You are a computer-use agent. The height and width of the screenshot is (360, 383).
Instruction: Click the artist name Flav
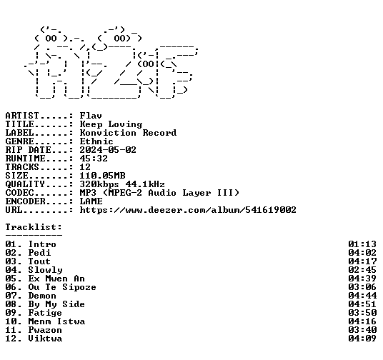click(x=91, y=116)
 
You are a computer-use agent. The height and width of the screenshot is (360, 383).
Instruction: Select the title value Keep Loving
click(x=111, y=124)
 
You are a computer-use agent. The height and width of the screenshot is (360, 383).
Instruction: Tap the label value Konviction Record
click(x=128, y=133)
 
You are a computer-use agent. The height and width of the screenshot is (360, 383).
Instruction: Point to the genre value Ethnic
click(x=96, y=141)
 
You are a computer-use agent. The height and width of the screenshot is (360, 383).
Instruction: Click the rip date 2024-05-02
click(x=108, y=150)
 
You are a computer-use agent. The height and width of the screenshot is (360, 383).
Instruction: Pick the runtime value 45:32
click(x=94, y=159)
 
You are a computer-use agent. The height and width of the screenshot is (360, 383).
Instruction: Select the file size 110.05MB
click(x=103, y=176)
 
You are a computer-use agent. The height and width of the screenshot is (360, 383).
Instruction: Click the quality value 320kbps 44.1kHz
click(x=122, y=184)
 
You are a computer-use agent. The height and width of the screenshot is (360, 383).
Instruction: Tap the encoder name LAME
click(x=91, y=201)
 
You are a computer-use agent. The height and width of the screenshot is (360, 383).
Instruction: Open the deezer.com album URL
click(x=188, y=210)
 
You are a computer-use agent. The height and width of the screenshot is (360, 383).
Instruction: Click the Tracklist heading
click(x=34, y=227)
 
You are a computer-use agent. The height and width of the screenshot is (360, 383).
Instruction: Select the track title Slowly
click(x=46, y=270)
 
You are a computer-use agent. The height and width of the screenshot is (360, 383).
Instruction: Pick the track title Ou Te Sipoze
click(x=62, y=287)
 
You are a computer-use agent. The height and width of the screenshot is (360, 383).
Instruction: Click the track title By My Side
click(x=56, y=304)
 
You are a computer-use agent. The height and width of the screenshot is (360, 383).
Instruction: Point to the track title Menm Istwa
click(x=56, y=321)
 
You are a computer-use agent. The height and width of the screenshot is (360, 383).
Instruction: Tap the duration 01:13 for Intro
click(x=362, y=244)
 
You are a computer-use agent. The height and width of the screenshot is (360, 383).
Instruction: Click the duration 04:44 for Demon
click(x=362, y=296)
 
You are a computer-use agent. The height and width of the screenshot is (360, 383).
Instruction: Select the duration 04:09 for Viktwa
click(x=362, y=339)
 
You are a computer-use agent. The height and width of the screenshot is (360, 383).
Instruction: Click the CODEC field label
click(x=19, y=193)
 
